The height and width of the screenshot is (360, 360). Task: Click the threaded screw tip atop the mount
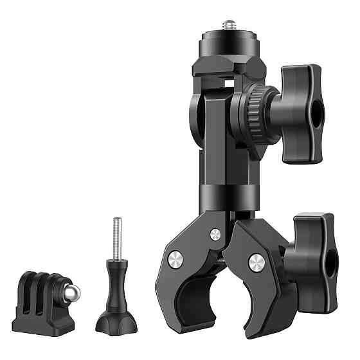pyautogui.click(x=228, y=24)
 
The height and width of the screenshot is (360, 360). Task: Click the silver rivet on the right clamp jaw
pyautogui.click(x=256, y=260)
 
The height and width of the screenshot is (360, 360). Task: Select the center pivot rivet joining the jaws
pyautogui.click(x=215, y=235)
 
